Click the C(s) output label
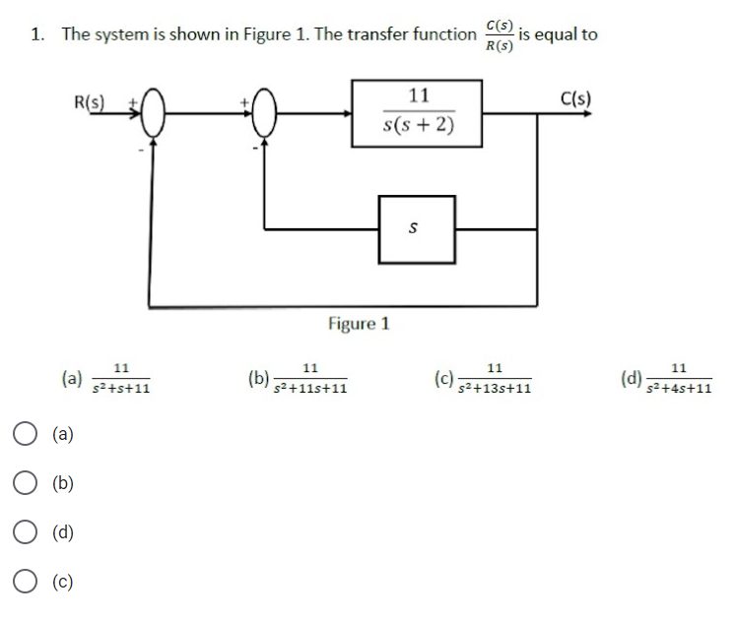(574, 98)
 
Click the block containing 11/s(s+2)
(418, 113)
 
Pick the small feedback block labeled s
(417, 228)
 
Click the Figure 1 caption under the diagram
(359, 324)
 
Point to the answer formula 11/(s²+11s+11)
(309, 378)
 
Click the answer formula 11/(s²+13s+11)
(495, 378)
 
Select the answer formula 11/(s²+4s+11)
(679, 378)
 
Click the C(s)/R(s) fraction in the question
(499, 34)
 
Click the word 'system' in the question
(120, 34)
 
